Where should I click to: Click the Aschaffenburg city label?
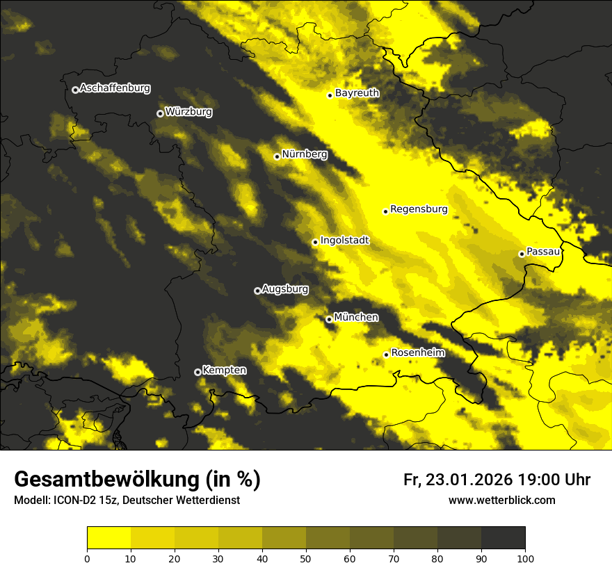coord(115,88)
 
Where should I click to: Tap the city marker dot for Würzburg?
coord(160,113)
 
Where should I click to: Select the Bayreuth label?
coord(357,93)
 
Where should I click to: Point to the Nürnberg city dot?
coord(277,156)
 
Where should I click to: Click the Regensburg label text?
coord(419,209)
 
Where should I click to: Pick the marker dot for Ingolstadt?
coord(315,243)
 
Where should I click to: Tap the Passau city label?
coord(543,252)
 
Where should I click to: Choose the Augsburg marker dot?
coord(257,291)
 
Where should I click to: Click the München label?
coord(356,318)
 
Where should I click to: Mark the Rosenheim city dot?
coord(386,355)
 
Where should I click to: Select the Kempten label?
coord(224,371)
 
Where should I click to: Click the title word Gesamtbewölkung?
coord(107,480)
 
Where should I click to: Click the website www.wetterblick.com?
coord(501,500)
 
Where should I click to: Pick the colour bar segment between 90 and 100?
coord(503,537)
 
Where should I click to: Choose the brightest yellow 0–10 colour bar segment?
coord(108,537)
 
